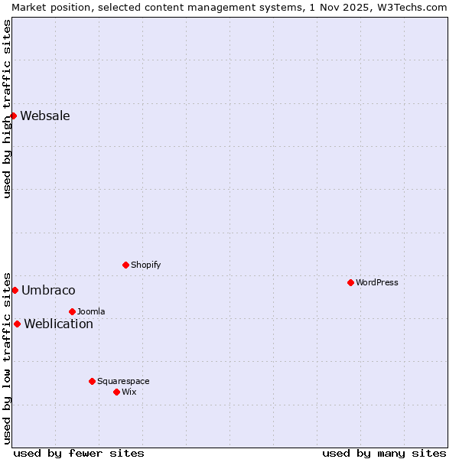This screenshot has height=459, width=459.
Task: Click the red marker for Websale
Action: (x=14, y=116)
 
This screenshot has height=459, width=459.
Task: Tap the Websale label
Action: (x=45, y=116)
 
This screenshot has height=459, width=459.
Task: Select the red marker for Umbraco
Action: (x=15, y=290)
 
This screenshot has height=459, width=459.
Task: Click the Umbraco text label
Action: (x=48, y=291)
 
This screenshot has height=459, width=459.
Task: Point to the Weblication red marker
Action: (x=17, y=324)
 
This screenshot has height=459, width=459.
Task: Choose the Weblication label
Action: (x=58, y=324)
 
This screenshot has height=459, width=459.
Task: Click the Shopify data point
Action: (x=125, y=265)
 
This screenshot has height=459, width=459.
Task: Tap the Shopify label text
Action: (x=145, y=265)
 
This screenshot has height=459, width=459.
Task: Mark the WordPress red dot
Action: (x=350, y=282)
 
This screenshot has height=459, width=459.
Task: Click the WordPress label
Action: (x=376, y=283)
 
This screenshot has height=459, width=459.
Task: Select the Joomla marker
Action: (x=72, y=311)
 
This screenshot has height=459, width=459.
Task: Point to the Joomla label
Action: (x=91, y=312)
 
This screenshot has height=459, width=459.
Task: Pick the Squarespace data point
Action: (x=92, y=381)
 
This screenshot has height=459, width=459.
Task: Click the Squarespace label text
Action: (x=123, y=382)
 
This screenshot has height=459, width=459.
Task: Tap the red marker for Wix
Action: (x=116, y=392)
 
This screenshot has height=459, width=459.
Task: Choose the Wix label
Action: (x=129, y=392)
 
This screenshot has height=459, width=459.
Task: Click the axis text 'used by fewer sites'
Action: (x=79, y=453)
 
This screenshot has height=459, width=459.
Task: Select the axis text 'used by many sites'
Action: (x=384, y=453)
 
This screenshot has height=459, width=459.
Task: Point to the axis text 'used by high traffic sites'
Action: (x=7, y=109)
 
